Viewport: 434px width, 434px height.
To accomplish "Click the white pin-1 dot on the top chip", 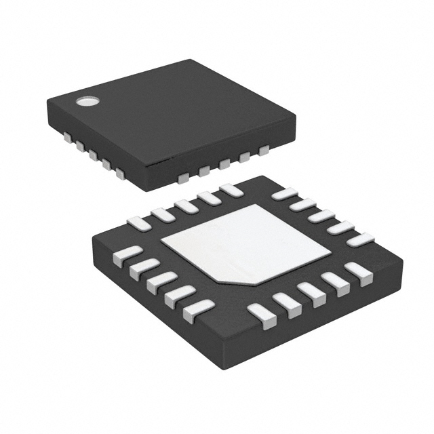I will point(87,102).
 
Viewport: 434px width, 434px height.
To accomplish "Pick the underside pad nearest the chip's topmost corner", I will point(231,190).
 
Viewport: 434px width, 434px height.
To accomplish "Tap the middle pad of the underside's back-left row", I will point(186,206).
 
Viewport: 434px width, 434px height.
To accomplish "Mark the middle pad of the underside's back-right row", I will point(322,216).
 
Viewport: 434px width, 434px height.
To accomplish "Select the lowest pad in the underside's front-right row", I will point(262,315).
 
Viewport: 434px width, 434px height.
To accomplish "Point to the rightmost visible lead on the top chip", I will point(263,150).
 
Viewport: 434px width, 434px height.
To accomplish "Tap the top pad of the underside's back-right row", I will point(284,194).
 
